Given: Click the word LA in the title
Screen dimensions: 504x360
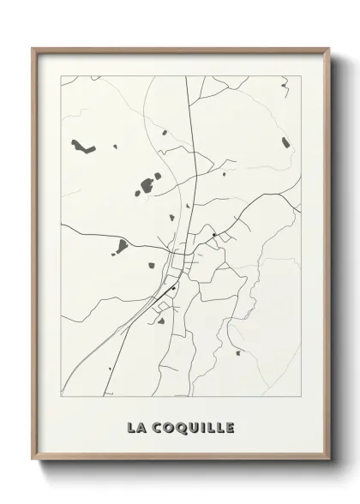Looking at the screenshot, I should [136, 427].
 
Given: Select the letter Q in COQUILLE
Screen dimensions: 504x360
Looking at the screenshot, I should [177, 427].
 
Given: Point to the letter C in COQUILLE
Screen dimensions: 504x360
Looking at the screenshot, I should [154, 427].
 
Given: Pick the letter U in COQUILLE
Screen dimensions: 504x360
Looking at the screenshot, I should [190, 427].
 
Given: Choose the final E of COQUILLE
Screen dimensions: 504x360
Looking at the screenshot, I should [229, 427].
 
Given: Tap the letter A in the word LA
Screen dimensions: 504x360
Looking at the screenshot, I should [141, 427].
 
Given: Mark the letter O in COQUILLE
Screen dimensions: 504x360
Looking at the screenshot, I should [165, 427].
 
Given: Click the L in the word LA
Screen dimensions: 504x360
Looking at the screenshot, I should [131, 427].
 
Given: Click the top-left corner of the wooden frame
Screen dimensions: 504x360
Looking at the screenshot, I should [33, 48].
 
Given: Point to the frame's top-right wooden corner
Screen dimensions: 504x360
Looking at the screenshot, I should [329, 48].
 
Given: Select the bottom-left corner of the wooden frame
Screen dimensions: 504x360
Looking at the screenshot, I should [33, 460].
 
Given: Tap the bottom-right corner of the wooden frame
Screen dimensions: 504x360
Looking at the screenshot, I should [329, 460].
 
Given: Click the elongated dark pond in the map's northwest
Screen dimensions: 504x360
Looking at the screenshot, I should [82, 146].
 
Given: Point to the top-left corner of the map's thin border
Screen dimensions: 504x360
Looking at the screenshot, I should [61, 76].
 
